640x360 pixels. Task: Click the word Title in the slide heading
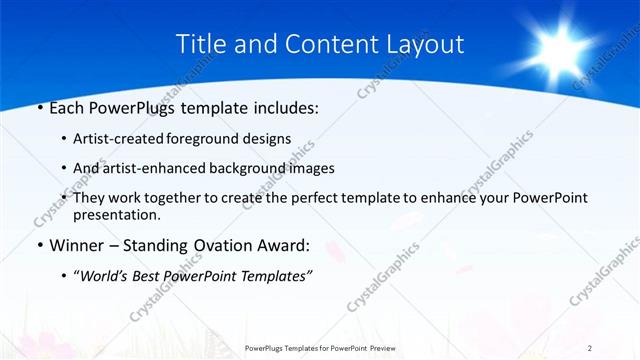coord(197,44)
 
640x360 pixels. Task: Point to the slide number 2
coord(590,347)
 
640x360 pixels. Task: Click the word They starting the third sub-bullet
coord(91,198)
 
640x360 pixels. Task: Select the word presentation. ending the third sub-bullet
coord(116,215)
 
